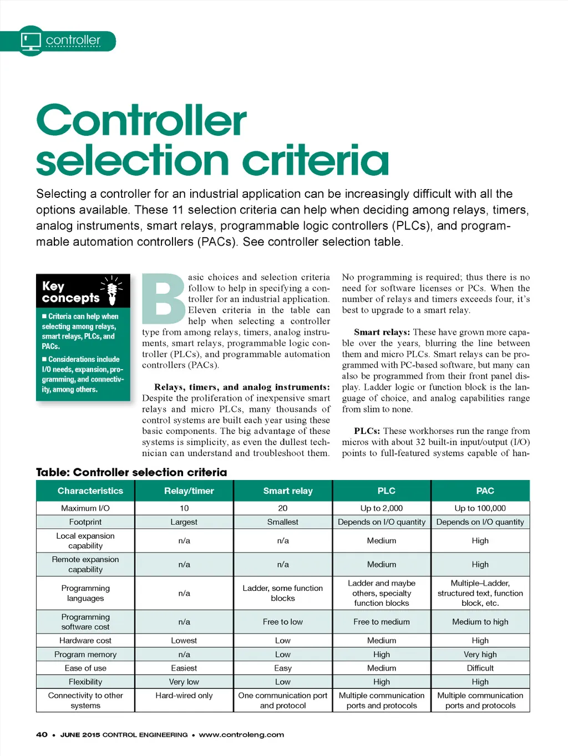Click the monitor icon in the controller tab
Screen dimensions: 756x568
point(31,40)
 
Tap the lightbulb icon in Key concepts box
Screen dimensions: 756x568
point(112,291)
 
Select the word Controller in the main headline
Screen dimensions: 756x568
point(141,121)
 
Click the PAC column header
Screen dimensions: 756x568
point(485,491)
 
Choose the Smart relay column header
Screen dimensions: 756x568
point(288,491)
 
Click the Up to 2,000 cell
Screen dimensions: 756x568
point(382,508)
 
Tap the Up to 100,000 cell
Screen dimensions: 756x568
point(480,508)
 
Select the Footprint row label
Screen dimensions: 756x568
point(85,522)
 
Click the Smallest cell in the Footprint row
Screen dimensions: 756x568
point(283,522)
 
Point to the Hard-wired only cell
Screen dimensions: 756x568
point(184,696)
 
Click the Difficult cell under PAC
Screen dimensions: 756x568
point(480,668)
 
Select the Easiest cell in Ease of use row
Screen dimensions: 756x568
point(184,668)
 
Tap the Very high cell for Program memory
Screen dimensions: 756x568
point(480,654)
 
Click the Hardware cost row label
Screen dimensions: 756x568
point(85,640)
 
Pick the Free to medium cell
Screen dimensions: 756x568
point(382,622)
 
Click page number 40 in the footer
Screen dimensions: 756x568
point(42,735)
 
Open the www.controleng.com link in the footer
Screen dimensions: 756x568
point(241,735)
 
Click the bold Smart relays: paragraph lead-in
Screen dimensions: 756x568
point(382,332)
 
